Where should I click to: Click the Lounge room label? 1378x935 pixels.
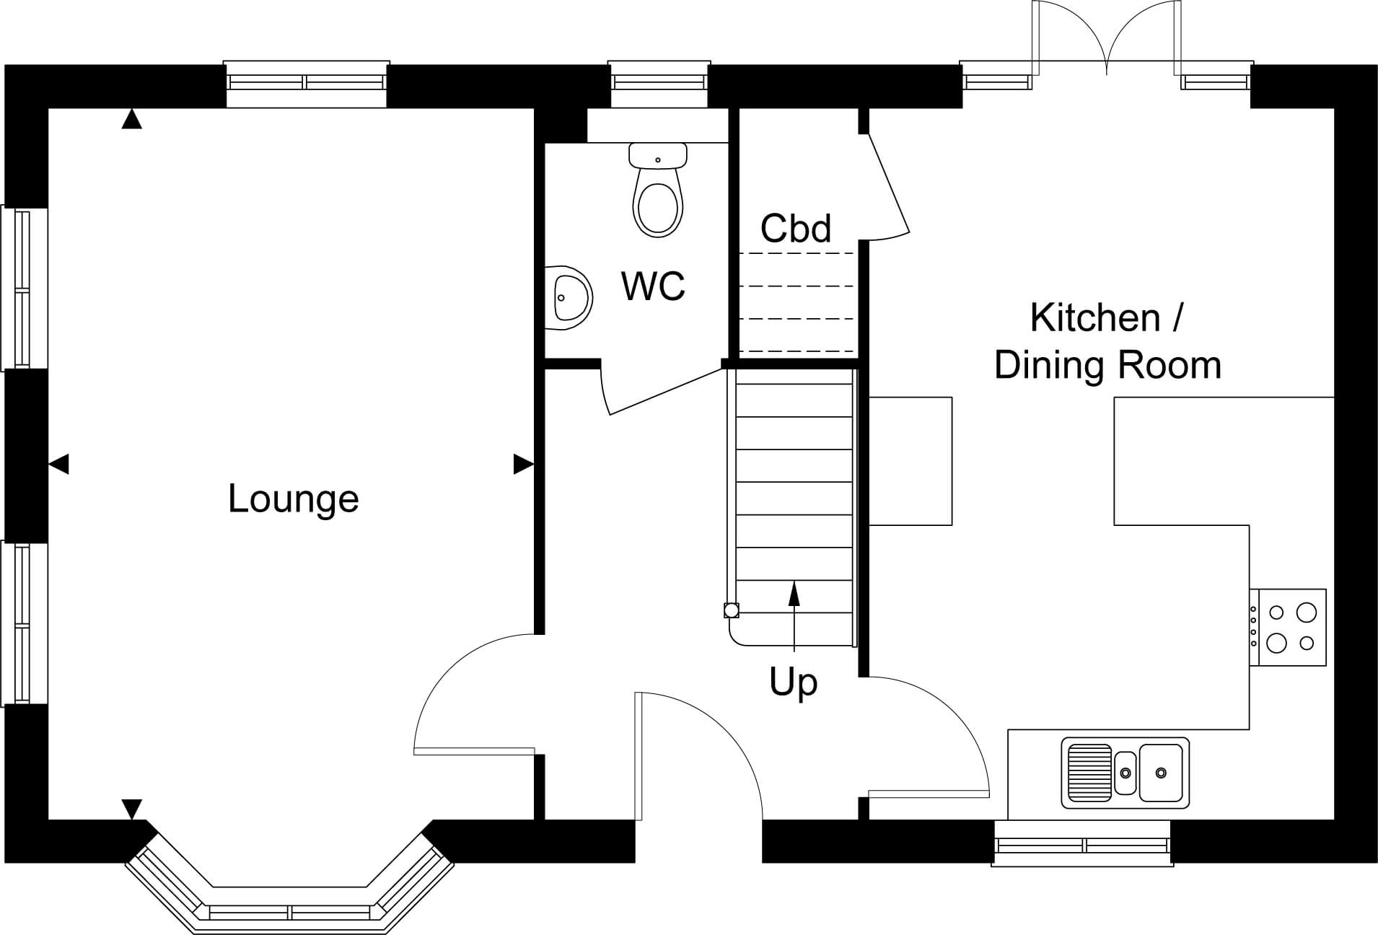tap(293, 499)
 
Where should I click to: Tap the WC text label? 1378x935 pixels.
tap(653, 286)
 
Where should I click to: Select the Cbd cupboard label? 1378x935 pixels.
tap(796, 228)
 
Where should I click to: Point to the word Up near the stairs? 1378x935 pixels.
tap(794, 682)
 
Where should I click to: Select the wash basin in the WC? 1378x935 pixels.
tap(569, 298)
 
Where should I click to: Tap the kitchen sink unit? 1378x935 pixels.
tap(1125, 773)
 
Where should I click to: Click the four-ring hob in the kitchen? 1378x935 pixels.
tap(1288, 627)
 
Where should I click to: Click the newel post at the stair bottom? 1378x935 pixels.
tap(731, 610)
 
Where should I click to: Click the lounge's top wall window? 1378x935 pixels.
tap(307, 84)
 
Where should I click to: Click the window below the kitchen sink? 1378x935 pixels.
tap(1082, 843)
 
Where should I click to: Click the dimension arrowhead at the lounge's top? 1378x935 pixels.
tap(131, 119)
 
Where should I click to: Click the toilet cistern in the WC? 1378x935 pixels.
tap(657, 155)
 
